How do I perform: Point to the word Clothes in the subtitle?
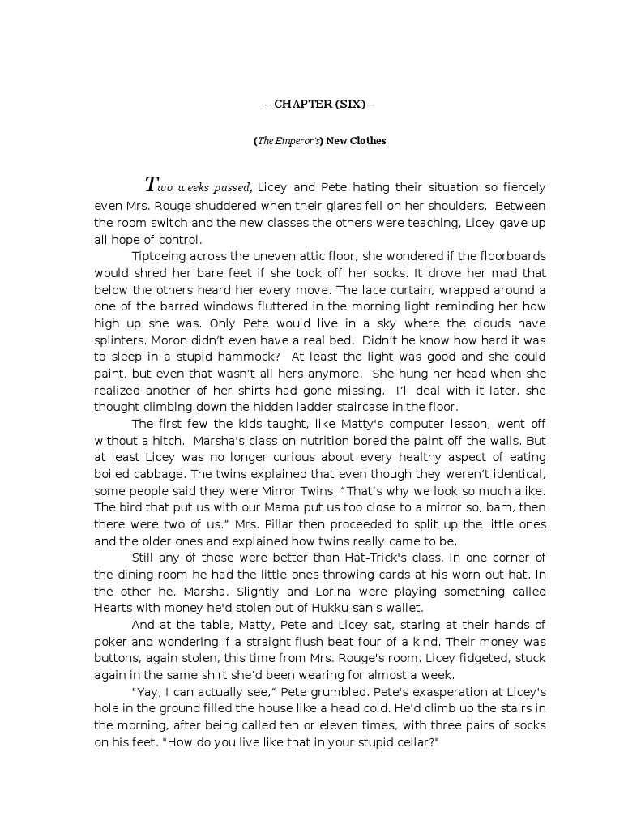tap(368, 141)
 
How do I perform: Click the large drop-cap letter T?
tap(152, 184)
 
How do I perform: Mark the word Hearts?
tap(115, 607)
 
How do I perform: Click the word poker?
tap(110, 641)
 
